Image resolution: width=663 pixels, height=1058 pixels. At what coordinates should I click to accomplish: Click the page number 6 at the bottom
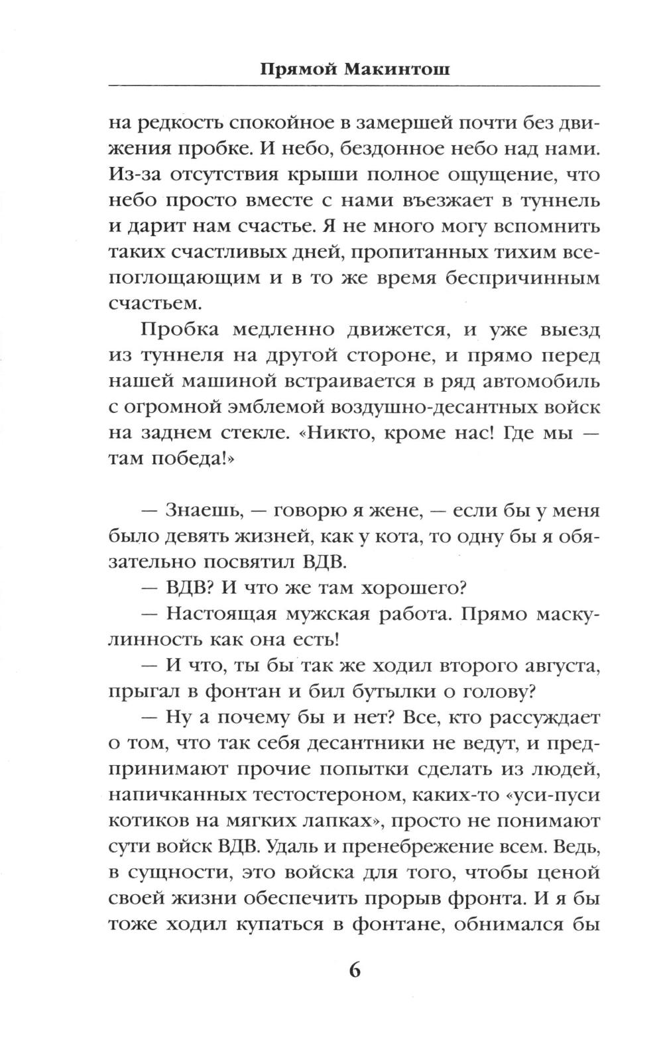[353, 970]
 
